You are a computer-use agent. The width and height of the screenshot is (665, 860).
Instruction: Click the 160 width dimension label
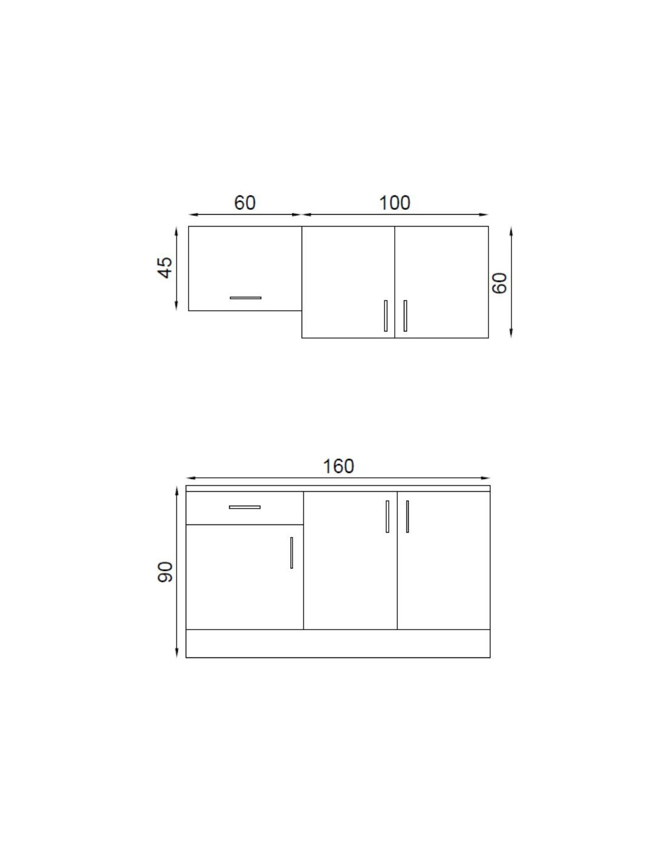[x=338, y=466]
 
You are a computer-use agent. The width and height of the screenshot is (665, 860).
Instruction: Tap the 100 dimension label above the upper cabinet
[x=394, y=203]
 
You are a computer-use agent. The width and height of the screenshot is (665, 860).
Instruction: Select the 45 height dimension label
[x=166, y=267]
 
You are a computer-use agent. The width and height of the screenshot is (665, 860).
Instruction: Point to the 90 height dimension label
[x=166, y=572]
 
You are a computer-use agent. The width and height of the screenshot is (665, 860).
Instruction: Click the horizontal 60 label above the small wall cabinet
[x=245, y=203]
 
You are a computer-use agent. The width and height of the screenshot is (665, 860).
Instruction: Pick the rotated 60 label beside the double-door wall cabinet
[x=499, y=283]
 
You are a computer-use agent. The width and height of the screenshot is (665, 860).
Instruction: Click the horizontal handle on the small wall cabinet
[x=245, y=298]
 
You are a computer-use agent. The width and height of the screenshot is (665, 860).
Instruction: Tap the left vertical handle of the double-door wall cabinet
[x=386, y=316]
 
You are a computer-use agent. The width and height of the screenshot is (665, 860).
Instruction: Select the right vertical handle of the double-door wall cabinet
[x=405, y=316]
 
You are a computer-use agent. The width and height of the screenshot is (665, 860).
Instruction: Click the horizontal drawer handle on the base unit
[x=244, y=507]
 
